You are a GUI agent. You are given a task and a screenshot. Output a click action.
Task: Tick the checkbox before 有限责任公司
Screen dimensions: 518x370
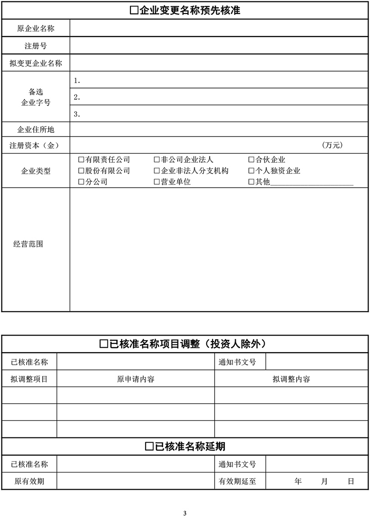tap(81, 160)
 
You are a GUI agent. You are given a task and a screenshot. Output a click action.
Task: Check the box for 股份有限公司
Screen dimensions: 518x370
tap(81, 171)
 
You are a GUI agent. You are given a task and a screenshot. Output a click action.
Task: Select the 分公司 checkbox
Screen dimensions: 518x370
tap(81, 182)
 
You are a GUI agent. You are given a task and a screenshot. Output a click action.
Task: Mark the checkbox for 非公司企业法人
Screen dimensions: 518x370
tap(157, 160)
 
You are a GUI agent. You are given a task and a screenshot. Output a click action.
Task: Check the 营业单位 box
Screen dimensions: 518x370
tap(157, 182)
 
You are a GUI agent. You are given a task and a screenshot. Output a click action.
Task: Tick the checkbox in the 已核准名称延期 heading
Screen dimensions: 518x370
tap(149, 447)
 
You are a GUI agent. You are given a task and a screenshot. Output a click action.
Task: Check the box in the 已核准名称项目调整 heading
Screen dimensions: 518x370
tap(104, 344)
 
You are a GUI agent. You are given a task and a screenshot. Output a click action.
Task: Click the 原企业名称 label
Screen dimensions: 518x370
tap(36, 28)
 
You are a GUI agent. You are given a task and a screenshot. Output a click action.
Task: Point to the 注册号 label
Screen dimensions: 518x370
tap(36, 45)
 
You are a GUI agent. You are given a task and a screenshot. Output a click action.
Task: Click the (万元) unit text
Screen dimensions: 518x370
tap(332, 145)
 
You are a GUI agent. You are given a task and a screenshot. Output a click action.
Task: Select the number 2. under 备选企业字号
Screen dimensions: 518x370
tap(77, 97)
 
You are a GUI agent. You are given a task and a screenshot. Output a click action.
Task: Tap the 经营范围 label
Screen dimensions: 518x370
tap(28, 244)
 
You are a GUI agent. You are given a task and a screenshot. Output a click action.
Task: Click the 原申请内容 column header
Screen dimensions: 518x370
tap(136, 380)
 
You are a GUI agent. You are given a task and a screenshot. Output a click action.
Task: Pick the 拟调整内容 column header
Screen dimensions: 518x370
tap(291, 380)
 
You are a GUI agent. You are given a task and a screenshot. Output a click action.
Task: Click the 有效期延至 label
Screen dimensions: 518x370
tap(237, 481)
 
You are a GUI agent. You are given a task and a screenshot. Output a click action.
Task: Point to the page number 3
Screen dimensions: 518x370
tap(185, 512)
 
